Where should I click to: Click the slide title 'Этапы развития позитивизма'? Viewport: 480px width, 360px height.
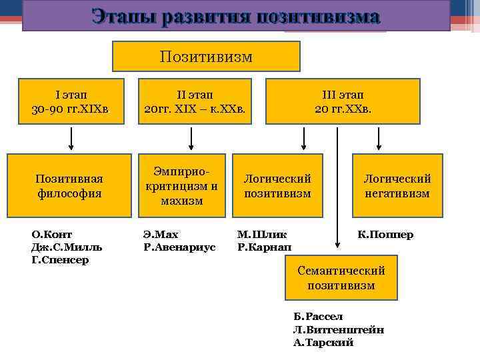click(x=236, y=16)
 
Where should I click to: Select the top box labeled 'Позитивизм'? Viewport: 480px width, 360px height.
click(x=206, y=57)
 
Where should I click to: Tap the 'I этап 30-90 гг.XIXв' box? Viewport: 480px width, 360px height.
click(x=71, y=101)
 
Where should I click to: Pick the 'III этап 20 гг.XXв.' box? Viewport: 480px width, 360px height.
click(x=343, y=101)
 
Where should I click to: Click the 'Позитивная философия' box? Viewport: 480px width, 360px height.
click(x=70, y=186)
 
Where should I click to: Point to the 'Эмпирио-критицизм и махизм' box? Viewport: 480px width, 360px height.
click(x=182, y=186)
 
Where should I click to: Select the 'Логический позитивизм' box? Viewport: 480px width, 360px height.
click(x=277, y=186)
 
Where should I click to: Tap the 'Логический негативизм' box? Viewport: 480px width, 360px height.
click(x=397, y=186)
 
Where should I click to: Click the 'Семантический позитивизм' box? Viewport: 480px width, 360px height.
click(x=341, y=278)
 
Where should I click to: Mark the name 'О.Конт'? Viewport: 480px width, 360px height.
click(x=52, y=234)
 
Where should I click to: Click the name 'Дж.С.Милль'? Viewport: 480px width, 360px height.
click(x=67, y=247)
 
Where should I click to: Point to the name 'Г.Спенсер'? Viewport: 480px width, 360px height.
click(x=60, y=259)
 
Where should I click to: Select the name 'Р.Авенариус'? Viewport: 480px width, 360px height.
click(x=179, y=247)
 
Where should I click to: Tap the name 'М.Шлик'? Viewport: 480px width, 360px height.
click(x=262, y=234)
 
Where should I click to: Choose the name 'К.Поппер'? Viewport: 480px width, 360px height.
click(x=385, y=234)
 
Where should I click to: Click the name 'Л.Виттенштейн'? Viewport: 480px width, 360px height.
click(x=338, y=329)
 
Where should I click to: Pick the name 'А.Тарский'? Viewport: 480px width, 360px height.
click(x=323, y=342)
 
